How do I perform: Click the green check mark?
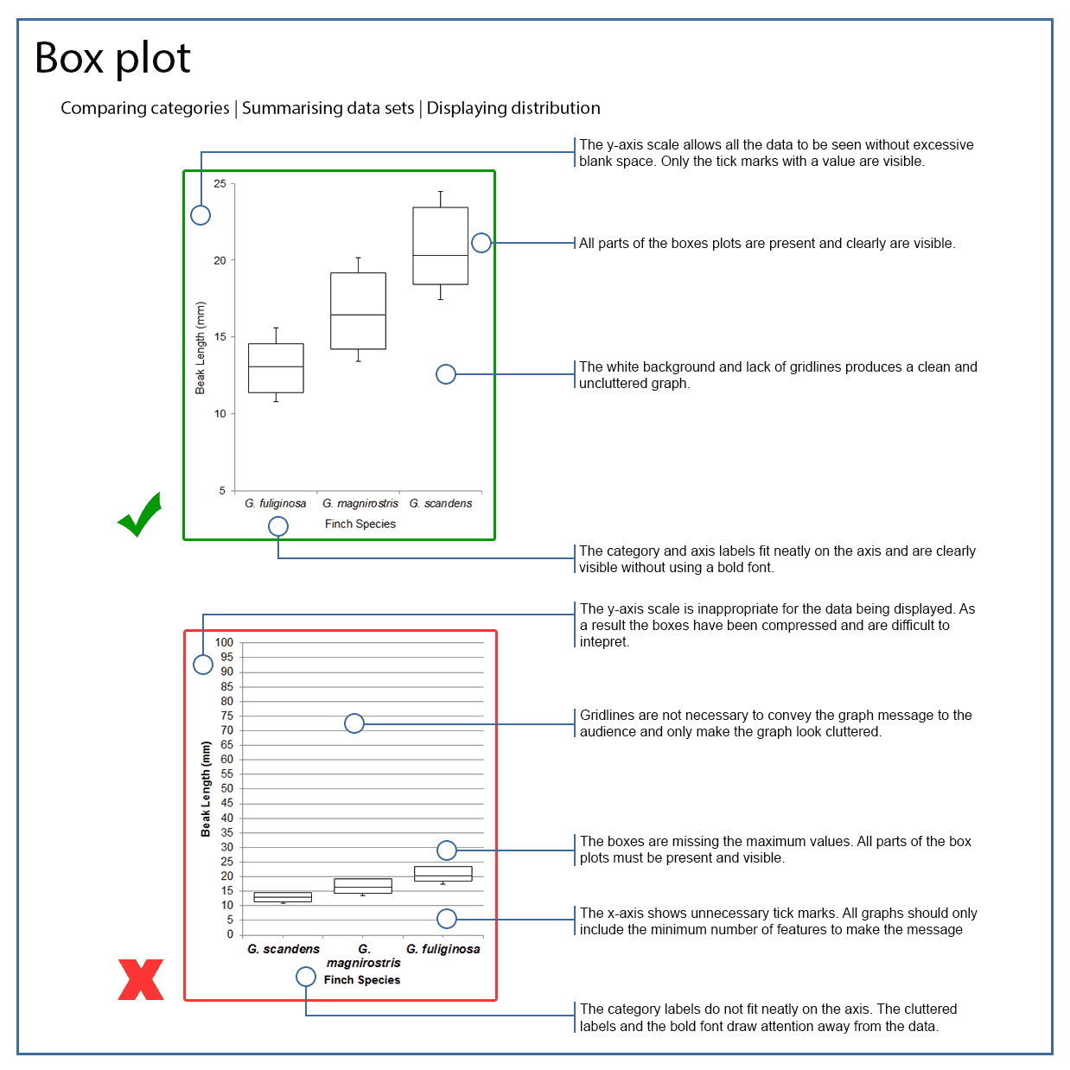point(140,515)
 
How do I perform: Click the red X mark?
point(141,979)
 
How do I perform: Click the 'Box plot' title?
point(112,59)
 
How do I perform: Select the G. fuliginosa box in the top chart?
point(276,368)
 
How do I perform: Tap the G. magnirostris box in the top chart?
point(358,311)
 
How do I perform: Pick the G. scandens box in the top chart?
point(440,245)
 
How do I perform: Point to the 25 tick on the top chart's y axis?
point(220,184)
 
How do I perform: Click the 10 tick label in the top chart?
point(220,414)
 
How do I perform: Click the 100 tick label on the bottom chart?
point(224,642)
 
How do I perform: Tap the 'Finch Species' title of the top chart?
point(360,524)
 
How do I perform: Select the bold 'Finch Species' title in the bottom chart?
point(362,980)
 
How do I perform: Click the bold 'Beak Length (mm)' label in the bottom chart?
point(206,788)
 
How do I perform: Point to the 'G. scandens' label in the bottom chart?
point(283,949)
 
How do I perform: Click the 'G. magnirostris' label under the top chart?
point(360,503)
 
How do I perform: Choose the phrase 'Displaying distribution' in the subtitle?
point(513,108)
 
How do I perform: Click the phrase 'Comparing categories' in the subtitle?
point(145,108)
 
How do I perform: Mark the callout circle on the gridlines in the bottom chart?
point(354,723)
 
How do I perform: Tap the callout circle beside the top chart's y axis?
point(201,215)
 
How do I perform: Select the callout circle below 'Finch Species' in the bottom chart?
point(306,977)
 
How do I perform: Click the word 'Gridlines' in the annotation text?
point(608,716)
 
